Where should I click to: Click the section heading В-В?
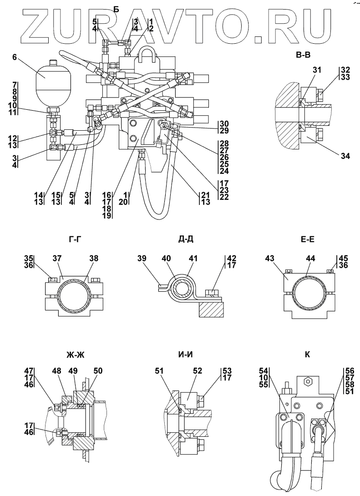click(303, 55)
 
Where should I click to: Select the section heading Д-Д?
click(186, 240)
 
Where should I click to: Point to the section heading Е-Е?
click(307, 240)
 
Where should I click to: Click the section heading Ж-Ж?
click(76, 355)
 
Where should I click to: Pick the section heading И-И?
click(185, 355)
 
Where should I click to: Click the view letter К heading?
click(307, 355)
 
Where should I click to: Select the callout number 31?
click(316, 70)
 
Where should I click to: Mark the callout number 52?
click(197, 370)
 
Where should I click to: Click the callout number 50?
click(98, 370)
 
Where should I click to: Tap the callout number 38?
click(94, 259)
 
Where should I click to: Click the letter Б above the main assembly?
click(117, 10)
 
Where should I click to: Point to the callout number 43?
click(270, 259)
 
